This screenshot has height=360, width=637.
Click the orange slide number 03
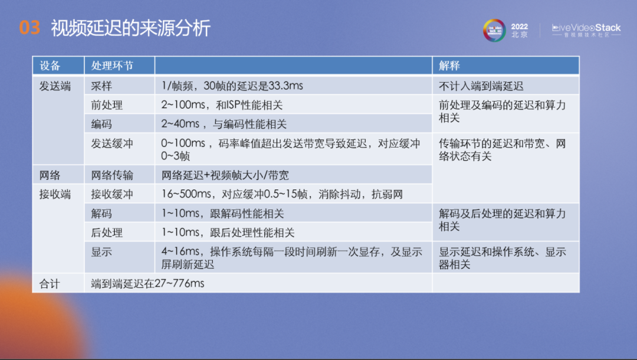pyautogui.click(x=29, y=28)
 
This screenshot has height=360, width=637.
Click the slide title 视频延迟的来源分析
pyautogui.click(x=130, y=28)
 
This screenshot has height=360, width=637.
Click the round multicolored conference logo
pyautogui.click(x=494, y=30)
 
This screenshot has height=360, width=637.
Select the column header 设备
pyautogui.click(x=50, y=66)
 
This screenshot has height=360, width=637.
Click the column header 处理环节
pyautogui.click(x=112, y=66)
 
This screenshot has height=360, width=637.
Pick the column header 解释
pyautogui.click(x=449, y=66)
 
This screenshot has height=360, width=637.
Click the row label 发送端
pyautogui.click(x=55, y=86)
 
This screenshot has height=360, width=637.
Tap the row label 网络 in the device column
pyautogui.click(x=50, y=175)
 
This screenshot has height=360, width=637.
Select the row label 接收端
pyautogui.click(x=55, y=194)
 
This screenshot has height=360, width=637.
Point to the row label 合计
pyautogui.click(x=50, y=283)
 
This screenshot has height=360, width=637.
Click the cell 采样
pyautogui.click(x=101, y=86)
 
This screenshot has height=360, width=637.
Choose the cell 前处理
pyautogui.click(x=107, y=105)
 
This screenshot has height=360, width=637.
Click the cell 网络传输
pyautogui.click(x=112, y=175)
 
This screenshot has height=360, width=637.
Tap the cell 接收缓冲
pyautogui.click(x=112, y=194)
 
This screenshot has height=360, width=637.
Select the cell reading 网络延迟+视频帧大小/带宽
pyautogui.click(x=225, y=175)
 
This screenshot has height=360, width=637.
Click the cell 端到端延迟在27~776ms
pyautogui.click(x=147, y=283)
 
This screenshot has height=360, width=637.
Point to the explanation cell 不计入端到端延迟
pyautogui.click(x=481, y=86)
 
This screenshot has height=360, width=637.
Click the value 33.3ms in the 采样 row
pyautogui.click(x=285, y=86)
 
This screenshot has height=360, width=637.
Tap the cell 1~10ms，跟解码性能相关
pyautogui.click(x=223, y=213)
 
